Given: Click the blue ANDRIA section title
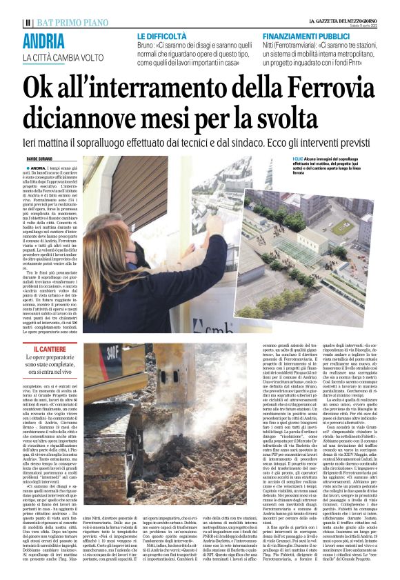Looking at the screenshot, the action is pyautogui.click(x=46, y=41).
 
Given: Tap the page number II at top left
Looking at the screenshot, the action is pyautogui.click(x=27, y=23).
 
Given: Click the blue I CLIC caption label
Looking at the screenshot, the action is pyautogui.click(x=298, y=158).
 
